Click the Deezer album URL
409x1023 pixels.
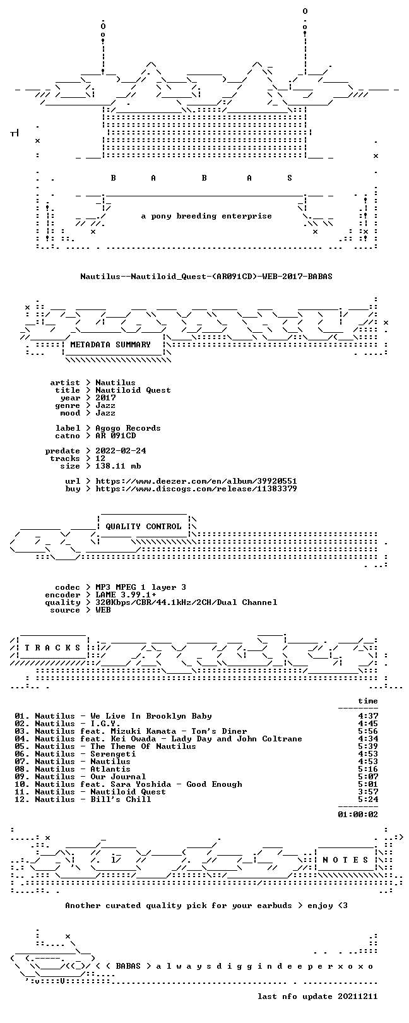click(196, 481)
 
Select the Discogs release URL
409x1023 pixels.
click(196, 489)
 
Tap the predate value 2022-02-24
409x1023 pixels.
click(121, 451)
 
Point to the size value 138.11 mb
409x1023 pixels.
click(118, 466)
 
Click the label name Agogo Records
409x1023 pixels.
click(127, 428)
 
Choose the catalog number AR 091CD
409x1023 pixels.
click(116, 436)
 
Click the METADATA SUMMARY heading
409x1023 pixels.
click(110, 345)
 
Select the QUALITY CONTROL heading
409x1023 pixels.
click(143, 527)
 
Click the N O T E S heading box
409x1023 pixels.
click(345, 860)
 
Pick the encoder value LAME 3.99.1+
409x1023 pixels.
click(126, 595)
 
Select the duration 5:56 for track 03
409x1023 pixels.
click(368, 731)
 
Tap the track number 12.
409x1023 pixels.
click(21, 799)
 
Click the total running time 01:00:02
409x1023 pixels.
click(358, 814)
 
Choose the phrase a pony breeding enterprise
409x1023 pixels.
click(206, 216)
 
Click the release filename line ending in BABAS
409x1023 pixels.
click(206, 277)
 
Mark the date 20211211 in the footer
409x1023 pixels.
click(358, 996)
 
